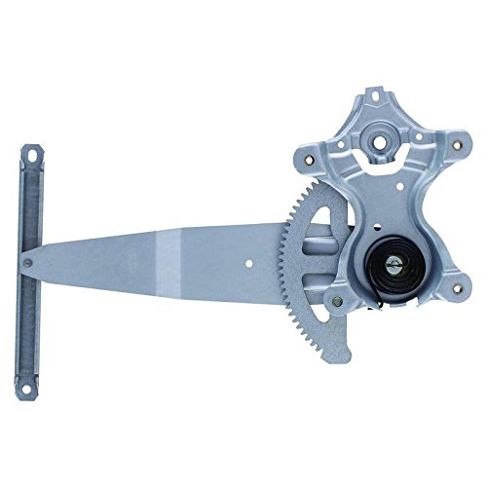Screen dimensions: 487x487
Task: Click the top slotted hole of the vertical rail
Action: [33, 155]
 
